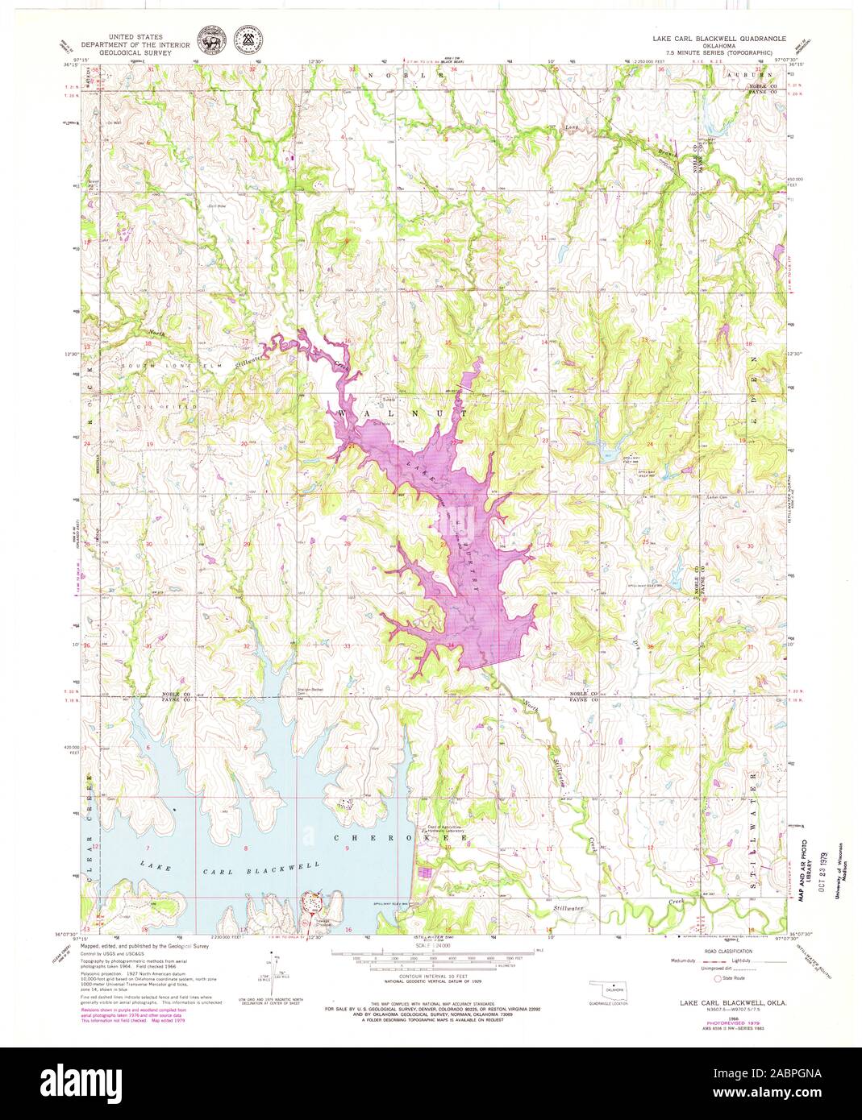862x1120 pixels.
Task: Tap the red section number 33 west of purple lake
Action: [347, 646]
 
